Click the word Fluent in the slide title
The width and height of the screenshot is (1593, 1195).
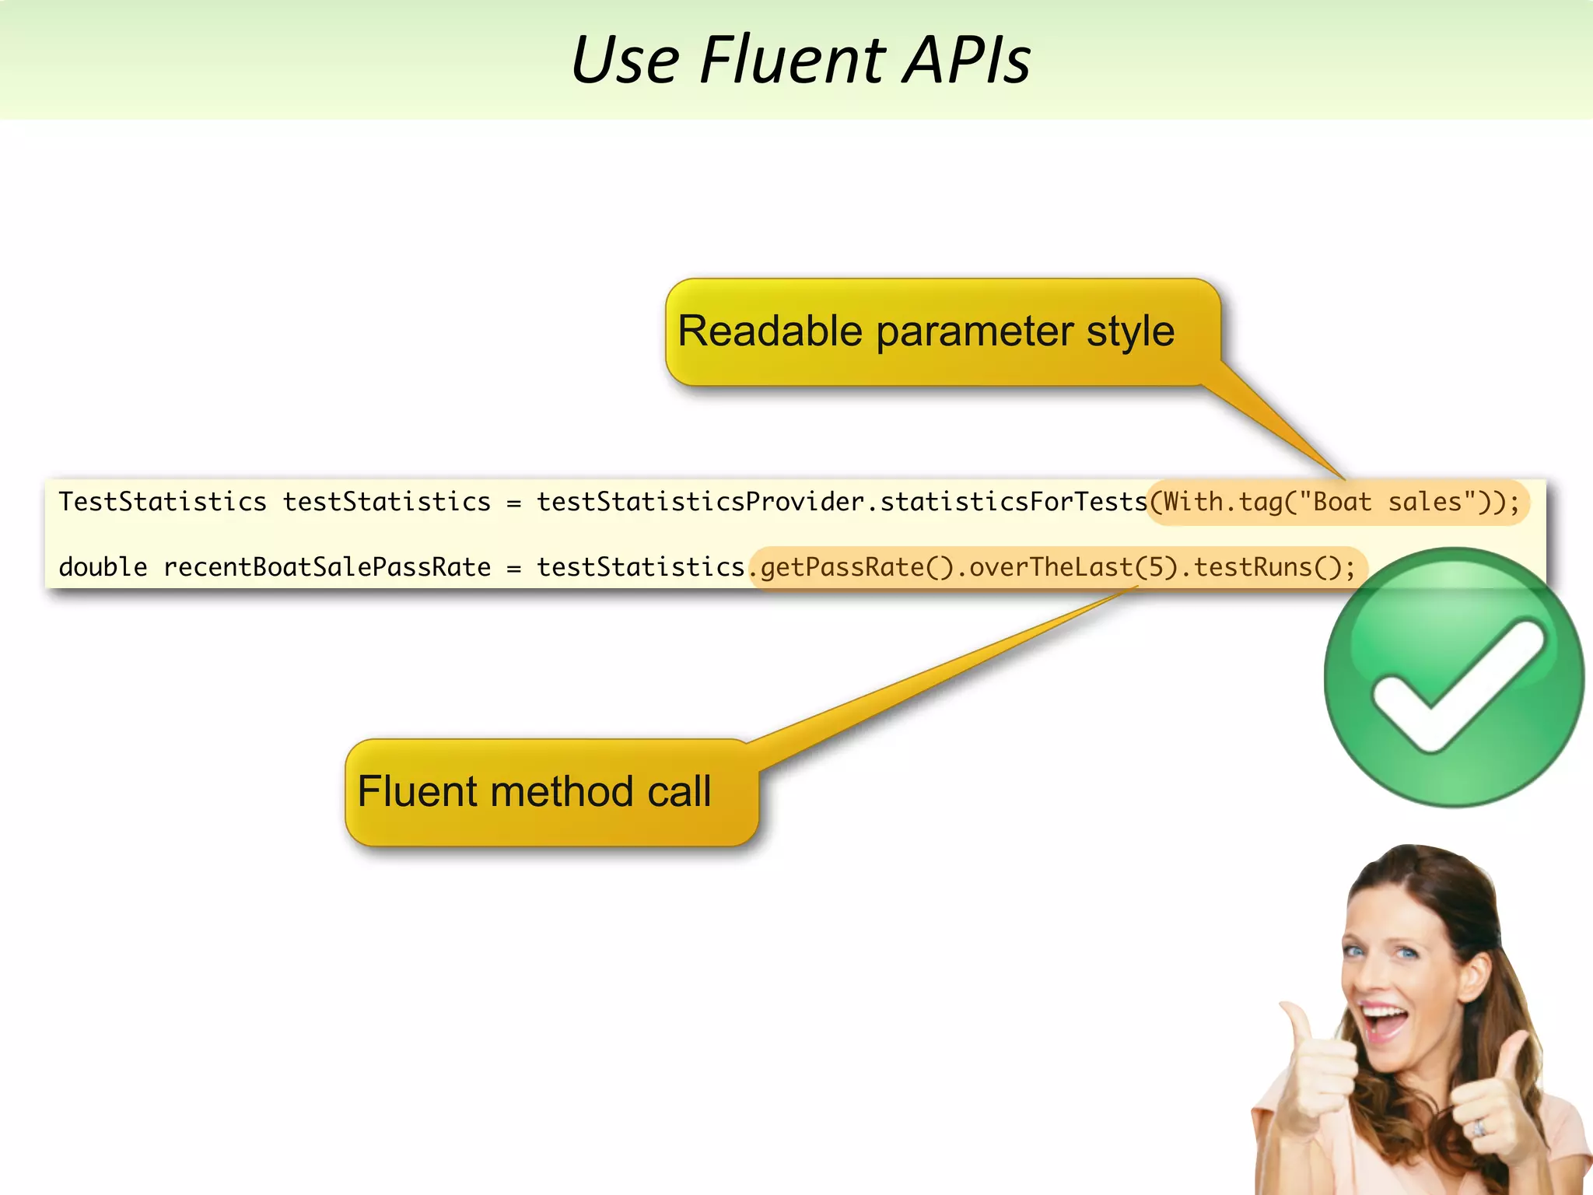(792, 60)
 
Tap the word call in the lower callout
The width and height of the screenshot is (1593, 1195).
(679, 792)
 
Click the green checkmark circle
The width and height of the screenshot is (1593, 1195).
(1453, 677)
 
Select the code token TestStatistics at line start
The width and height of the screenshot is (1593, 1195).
(163, 502)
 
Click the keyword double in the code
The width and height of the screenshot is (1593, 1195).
(103, 567)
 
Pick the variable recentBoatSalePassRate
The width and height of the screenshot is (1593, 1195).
(327, 567)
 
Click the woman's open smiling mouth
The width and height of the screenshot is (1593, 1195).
(1386, 1019)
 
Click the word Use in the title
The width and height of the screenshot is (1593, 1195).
(625, 60)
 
